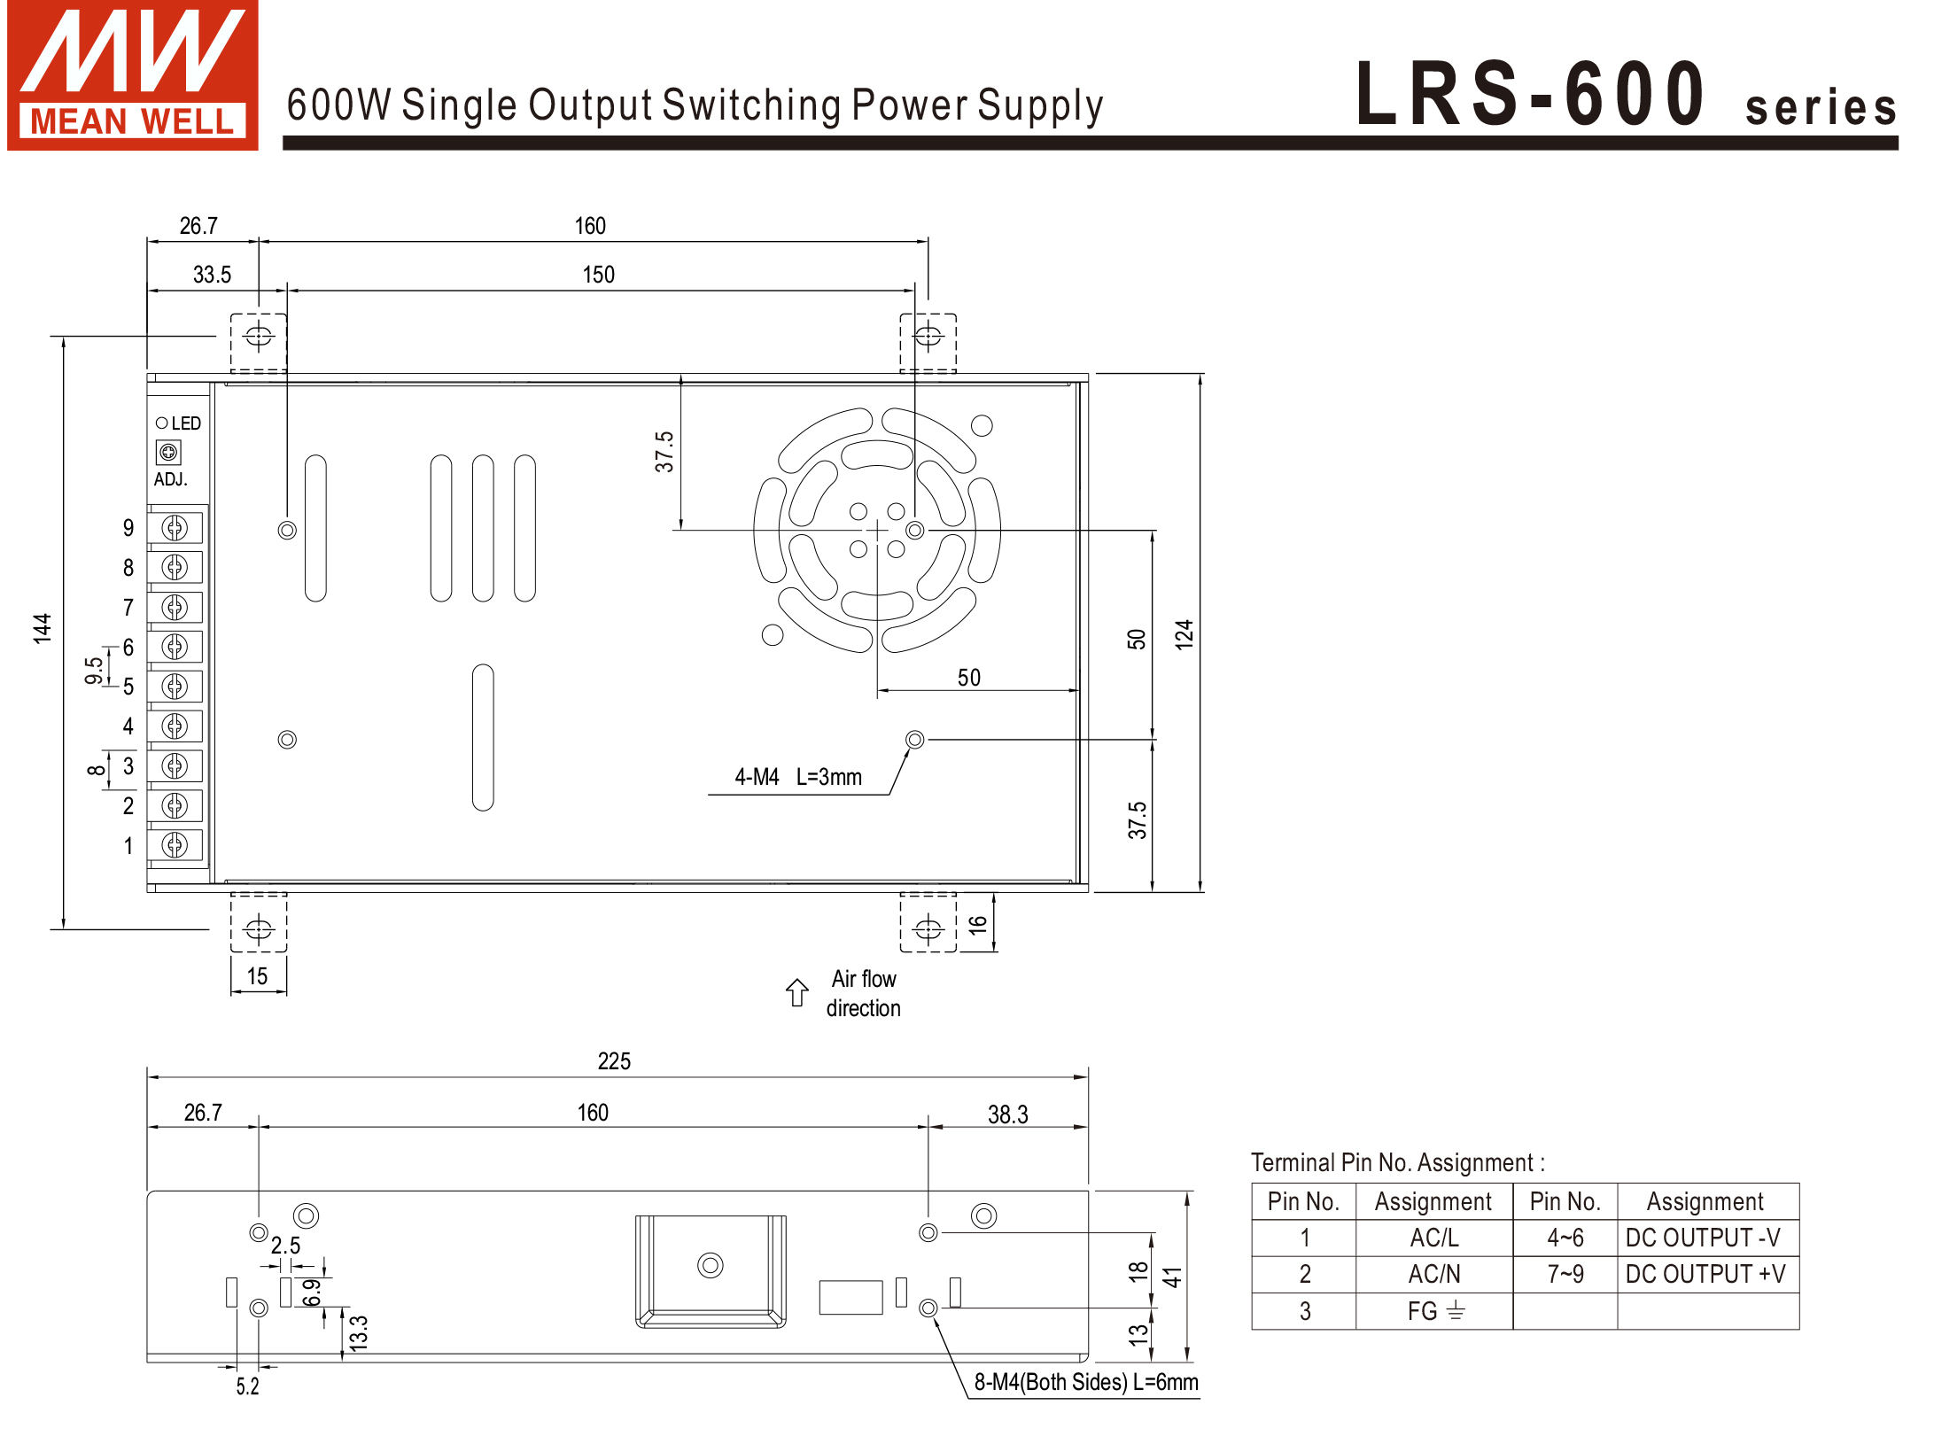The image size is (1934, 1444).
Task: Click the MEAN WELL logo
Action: (133, 75)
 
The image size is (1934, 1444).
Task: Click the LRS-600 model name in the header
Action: (1530, 94)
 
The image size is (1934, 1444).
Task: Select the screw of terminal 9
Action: (175, 528)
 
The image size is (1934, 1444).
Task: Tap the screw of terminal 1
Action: (175, 845)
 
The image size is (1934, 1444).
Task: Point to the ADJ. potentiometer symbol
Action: (168, 453)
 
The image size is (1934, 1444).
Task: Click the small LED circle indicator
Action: (161, 423)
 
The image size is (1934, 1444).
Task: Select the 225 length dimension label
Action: (614, 1060)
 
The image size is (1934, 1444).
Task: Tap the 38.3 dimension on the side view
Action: (1007, 1114)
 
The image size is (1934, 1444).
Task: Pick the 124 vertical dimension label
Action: (1184, 634)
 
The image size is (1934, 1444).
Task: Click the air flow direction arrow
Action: (796, 992)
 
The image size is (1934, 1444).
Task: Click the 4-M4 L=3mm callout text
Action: (797, 777)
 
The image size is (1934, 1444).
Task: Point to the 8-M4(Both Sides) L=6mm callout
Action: (1085, 1382)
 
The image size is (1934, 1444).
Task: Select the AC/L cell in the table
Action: (1433, 1238)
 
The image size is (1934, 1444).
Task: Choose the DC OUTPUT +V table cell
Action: (1705, 1274)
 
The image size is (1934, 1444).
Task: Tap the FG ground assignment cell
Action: (1433, 1311)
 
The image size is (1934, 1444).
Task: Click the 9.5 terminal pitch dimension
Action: (94, 670)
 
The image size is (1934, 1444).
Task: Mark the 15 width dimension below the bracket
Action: (257, 976)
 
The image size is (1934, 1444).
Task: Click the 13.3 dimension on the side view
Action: (358, 1332)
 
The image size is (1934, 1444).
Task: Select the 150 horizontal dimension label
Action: (598, 275)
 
